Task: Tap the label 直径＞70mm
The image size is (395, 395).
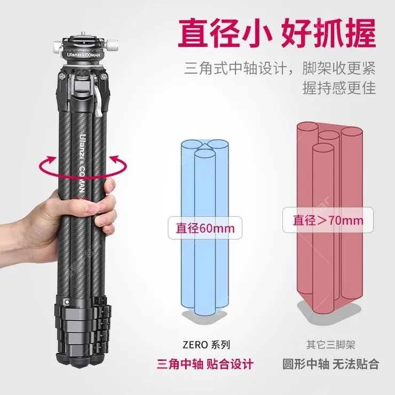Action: (327, 219)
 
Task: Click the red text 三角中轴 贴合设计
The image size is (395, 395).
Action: (205, 365)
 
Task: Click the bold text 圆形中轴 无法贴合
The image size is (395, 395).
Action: (330, 365)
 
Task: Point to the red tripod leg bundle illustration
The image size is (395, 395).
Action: (329, 214)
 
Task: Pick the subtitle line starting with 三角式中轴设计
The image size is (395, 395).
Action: (280, 68)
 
